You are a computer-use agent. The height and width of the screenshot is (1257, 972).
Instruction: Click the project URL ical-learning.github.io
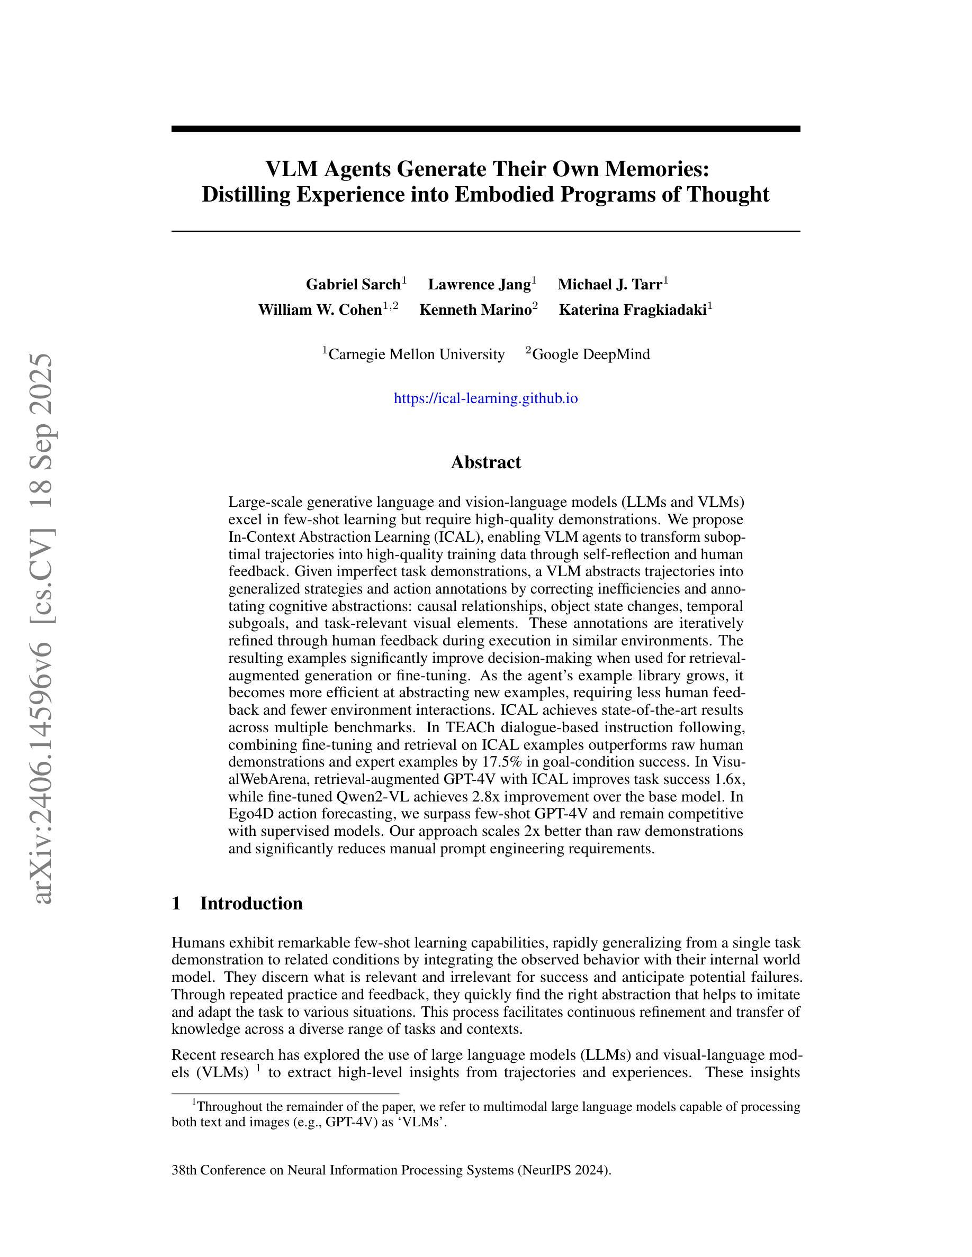tap(485, 398)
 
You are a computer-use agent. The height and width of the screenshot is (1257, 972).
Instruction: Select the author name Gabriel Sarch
tap(353, 284)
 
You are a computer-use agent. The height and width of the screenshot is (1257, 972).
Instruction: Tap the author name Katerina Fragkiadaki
tap(632, 309)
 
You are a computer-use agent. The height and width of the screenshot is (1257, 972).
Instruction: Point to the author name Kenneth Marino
tap(475, 309)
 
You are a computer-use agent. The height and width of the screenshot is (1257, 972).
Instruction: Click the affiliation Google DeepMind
tap(591, 354)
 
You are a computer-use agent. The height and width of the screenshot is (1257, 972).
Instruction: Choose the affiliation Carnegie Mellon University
tap(416, 354)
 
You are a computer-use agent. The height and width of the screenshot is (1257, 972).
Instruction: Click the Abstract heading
tap(485, 462)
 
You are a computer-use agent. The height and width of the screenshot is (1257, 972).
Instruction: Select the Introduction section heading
tap(251, 903)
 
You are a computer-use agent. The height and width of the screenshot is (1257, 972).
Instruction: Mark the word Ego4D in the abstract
tap(248, 814)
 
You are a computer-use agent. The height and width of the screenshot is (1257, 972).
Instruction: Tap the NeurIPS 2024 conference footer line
tap(391, 1170)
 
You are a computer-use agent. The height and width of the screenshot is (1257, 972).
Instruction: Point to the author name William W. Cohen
tap(320, 309)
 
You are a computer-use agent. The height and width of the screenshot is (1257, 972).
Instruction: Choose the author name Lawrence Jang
tap(479, 284)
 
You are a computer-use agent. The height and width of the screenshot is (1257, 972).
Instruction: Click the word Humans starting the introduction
tap(198, 943)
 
